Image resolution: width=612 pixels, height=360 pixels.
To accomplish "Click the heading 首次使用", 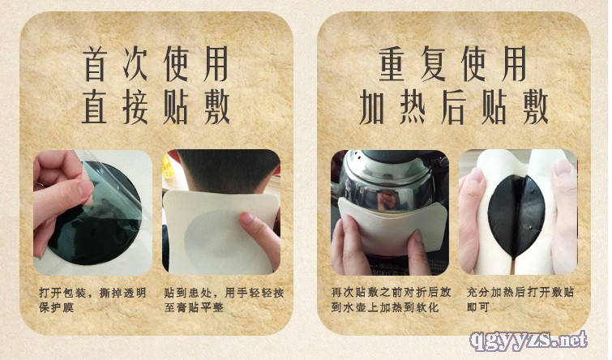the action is pyautogui.click(x=156, y=63).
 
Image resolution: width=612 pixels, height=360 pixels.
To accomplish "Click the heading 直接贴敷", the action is pyautogui.click(x=156, y=107).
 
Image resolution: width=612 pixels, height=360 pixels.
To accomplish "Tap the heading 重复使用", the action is pyautogui.click(x=453, y=63).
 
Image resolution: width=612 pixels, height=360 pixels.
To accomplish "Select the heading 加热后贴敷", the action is pyautogui.click(x=454, y=107).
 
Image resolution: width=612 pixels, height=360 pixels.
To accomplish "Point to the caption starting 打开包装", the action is pyautogui.click(x=92, y=300).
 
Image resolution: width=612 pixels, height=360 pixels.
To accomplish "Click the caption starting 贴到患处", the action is pyautogui.click(x=224, y=300).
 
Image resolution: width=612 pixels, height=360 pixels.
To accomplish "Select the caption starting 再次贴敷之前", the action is pyautogui.click(x=391, y=300).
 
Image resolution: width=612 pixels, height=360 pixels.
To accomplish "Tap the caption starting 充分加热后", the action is pyautogui.click(x=520, y=300).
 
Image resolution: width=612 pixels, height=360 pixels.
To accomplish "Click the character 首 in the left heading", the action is pyautogui.click(x=95, y=63).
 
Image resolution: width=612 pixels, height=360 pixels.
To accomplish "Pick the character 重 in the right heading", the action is pyautogui.click(x=392, y=63).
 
